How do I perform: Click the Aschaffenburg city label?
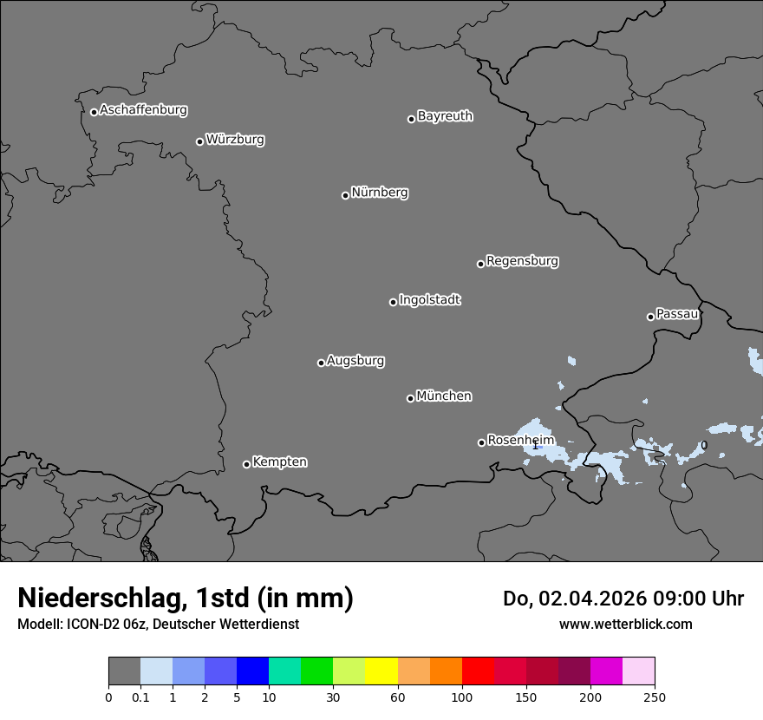pyautogui.click(x=143, y=110)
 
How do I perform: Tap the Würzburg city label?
pyautogui.click(x=235, y=140)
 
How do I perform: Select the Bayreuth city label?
pyautogui.click(x=445, y=116)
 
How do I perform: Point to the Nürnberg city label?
pyautogui.click(x=379, y=193)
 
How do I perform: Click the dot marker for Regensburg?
pyautogui.click(x=480, y=264)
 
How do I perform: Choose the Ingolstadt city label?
pyautogui.click(x=429, y=300)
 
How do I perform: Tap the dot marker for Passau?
pyautogui.click(x=650, y=317)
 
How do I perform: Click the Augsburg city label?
pyautogui.click(x=355, y=361)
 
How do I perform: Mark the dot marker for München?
pyautogui.click(x=410, y=398)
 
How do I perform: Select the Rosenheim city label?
pyautogui.click(x=520, y=441)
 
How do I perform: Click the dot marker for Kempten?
pyautogui.click(x=246, y=464)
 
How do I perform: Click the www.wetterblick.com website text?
pyautogui.click(x=625, y=624)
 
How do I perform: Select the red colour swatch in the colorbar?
pyautogui.click(x=478, y=671)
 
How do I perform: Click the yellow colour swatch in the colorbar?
pyautogui.click(x=381, y=671)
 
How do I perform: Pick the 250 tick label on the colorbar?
pyautogui.click(x=655, y=697)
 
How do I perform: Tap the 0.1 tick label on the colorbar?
pyautogui.click(x=140, y=697)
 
